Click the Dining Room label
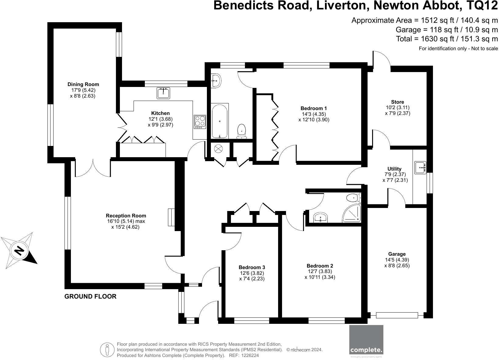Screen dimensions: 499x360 [x=83, y=85]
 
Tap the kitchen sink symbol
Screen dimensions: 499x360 [x=163, y=93]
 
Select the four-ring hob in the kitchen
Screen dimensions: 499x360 [x=200, y=122]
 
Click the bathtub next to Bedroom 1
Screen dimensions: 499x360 [x=220, y=121]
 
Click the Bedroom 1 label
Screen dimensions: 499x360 [x=314, y=109]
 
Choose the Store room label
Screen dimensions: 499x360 [x=398, y=102]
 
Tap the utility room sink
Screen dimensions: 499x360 [x=420, y=168]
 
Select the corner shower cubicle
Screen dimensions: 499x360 [x=352, y=213]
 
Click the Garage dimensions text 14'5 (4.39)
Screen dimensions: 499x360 [x=397, y=260]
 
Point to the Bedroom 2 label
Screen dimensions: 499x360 [x=320, y=266]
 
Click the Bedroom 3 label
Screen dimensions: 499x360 [x=252, y=267]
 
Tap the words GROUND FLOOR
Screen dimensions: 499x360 [x=90, y=296]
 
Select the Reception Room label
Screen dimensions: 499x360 [x=126, y=216]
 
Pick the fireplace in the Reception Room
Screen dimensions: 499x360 [x=171, y=217]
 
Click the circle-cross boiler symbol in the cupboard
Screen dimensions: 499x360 [x=218, y=149]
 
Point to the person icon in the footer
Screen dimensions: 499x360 [x=107, y=350]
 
